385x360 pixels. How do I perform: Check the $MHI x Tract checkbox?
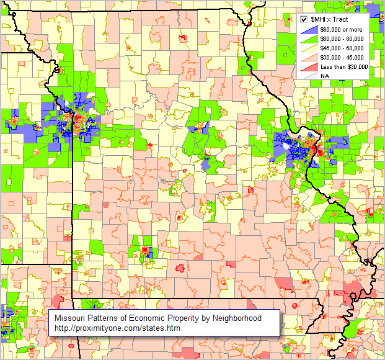coord(304,20)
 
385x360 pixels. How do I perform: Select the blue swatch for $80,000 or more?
coord(310,29)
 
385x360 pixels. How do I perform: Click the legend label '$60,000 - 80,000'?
coord(341,38)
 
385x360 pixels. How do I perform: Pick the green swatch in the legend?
coord(310,38)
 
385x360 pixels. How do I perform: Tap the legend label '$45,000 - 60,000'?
coord(341,48)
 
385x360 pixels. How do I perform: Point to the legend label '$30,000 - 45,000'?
coord(341,57)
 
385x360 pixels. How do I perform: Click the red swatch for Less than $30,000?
coord(310,66)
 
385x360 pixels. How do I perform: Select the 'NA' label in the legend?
coord(324,76)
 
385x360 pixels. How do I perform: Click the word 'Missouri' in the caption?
coord(70,318)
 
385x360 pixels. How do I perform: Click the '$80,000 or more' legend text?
coord(341,29)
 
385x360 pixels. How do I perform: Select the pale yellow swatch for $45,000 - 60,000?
coord(310,48)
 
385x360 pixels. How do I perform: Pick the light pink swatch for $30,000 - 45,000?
coord(310,57)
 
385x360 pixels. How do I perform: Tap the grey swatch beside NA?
coord(310,76)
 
